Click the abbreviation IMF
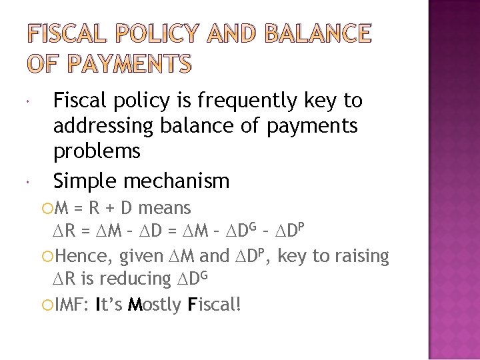pyautogui.click(x=68, y=305)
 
